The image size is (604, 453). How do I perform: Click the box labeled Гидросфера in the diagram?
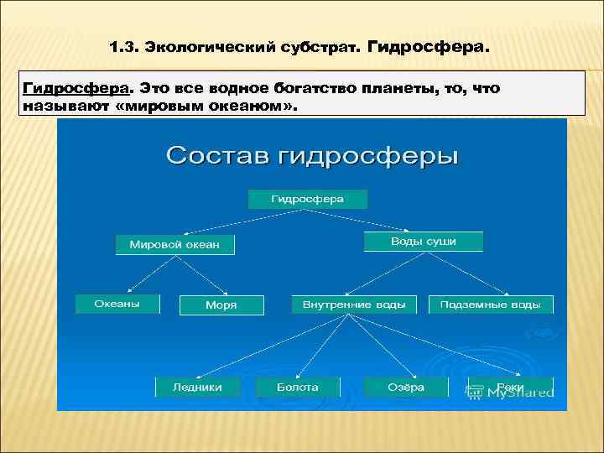pyautogui.click(x=295, y=200)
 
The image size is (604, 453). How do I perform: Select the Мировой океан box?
pyautogui.click(x=174, y=245)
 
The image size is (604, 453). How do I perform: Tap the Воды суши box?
pyautogui.click(x=423, y=242)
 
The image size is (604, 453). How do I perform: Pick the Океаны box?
pyautogui.click(x=117, y=304)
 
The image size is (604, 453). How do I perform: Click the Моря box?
pyautogui.click(x=221, y=305)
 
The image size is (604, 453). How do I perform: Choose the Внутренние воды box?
pyautogui.click(x=354, y=305)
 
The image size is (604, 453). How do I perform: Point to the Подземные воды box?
pyautogui.click(x=491, y=305)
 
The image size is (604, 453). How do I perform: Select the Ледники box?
pyautogui.click(x=197, y=387)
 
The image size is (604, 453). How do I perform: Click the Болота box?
pyautogui.click(x=298, y=387)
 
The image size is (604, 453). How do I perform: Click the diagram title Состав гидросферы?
pyautogui.click(x=312, y=156)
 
